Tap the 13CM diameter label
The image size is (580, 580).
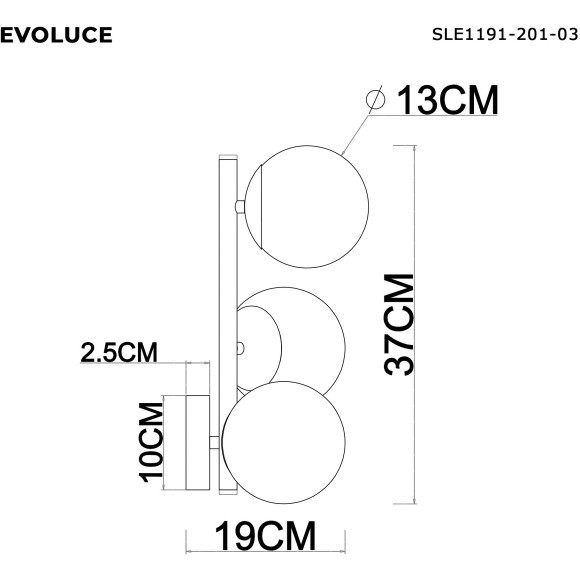point(448,100)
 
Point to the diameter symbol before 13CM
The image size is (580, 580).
point(378,100)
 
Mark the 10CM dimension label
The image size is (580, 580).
point(152,442)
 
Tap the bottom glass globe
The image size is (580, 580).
point(284,440)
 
